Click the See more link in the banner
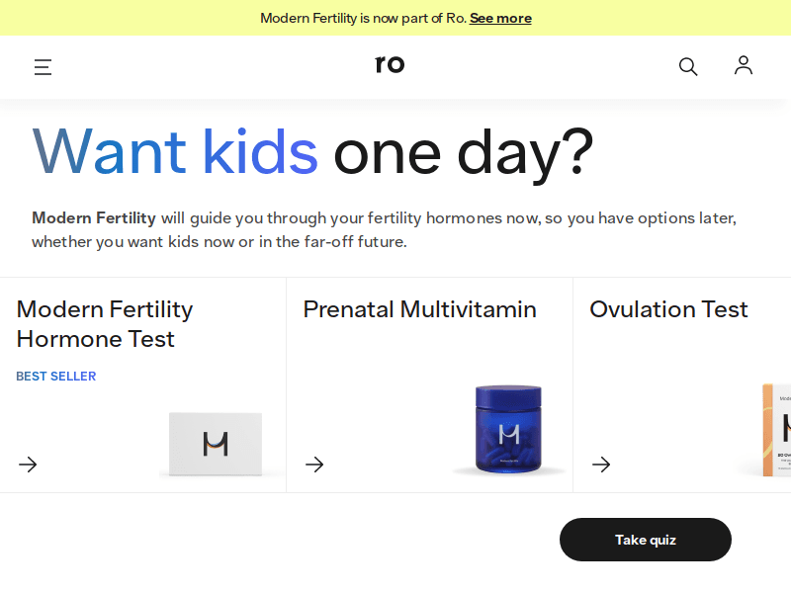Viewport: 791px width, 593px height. [500, 18]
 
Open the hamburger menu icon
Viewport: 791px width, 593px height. [43, 67]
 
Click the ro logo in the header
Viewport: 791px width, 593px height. [390, 65]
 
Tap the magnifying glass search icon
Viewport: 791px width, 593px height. [688, 66]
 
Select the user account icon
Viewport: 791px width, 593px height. [744, 65]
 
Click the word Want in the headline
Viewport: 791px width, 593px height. [109, 150]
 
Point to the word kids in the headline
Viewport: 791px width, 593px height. [259, 150]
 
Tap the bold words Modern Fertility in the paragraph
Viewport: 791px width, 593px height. [94, 217]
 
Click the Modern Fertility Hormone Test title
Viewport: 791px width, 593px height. [104, 324]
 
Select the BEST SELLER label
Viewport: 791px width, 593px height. [56, 377]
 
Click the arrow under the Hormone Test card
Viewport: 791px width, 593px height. [28, 465]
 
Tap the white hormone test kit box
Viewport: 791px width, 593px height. [215, 444]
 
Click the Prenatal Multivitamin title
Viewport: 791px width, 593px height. [419, 309]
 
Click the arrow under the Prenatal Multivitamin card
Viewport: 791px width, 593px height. [314, 465]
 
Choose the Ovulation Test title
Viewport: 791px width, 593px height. [668, 309]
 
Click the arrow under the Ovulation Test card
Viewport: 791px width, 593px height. [601, 465]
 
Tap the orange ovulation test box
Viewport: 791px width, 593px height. [776, 429]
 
